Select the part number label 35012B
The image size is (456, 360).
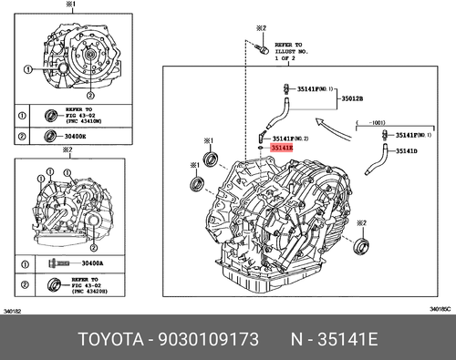point(352,98)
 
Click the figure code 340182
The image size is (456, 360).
point(14,312)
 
